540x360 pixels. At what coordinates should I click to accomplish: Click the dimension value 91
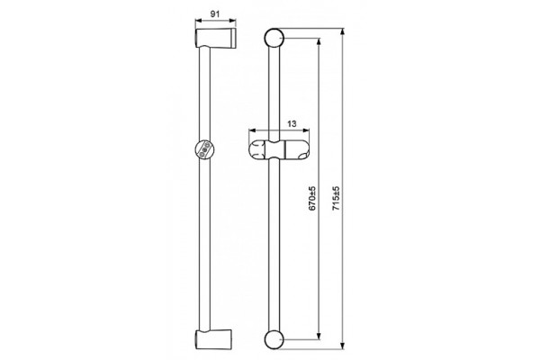coord(215,14)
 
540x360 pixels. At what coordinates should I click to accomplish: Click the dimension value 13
coord(292,123)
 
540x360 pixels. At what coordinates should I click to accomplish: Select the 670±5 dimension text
coord(311,198)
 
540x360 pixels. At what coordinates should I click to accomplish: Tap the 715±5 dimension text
coord(337,198)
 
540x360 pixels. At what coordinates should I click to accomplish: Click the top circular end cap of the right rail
coord(274,38)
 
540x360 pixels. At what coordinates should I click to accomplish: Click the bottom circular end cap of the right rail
coord(274,339)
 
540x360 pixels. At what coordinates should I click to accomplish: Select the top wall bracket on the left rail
coord(216,38)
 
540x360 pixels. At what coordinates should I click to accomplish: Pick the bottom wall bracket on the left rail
coord(213,339)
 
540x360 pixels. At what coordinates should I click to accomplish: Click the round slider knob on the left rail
coord(204,150)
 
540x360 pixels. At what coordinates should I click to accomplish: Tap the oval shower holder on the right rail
coord(279,150)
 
